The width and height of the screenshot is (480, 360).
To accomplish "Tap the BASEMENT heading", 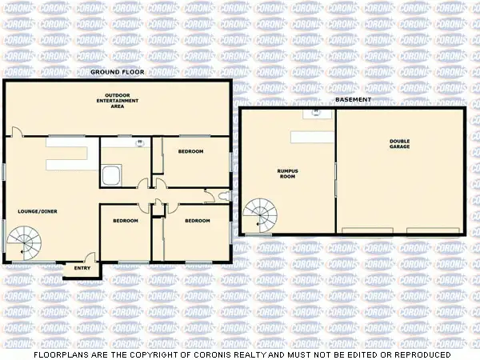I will click(x=354, y=101).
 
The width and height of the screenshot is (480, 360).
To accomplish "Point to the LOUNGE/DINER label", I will click(x=38, y=211).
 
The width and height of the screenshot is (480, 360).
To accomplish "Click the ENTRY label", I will click(x=82, y=268).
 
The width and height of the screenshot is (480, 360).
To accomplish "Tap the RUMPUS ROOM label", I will click(x=287, y=173).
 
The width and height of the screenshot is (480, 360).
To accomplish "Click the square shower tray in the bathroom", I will click(x=112, y=174).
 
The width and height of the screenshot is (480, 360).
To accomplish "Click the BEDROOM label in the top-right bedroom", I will click(x=190, y=151).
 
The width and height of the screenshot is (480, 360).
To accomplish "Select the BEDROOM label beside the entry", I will click(x=126, y=221).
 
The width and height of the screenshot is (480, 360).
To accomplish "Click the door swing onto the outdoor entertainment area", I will click(x=18, y=132).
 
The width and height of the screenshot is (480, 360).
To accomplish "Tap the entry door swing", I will click(x=90, y=258).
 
